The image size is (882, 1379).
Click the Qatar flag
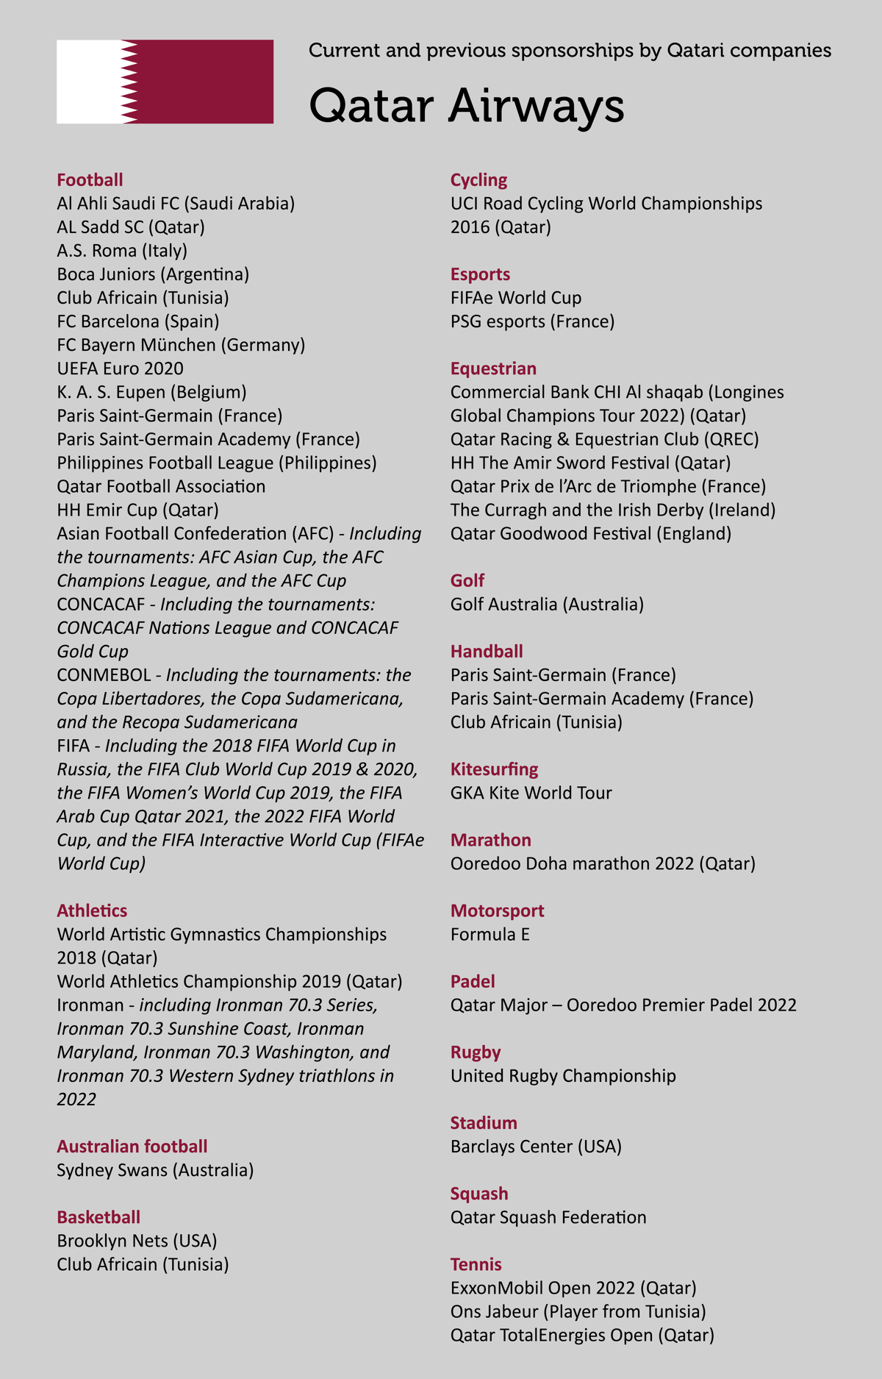(165, 82)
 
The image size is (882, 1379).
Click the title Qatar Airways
(466, 105)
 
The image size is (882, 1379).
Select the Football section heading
(90, 180)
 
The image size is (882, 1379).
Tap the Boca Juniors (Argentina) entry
(153, 274)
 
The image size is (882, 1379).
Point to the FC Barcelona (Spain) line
(138, 321)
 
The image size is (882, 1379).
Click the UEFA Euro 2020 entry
(121, 368)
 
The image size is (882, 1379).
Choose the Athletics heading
(92, 911)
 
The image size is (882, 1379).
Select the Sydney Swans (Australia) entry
(155, 1170)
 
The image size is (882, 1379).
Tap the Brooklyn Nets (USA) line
(137, 1241)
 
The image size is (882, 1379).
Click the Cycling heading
(478, 180)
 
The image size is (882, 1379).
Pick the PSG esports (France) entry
(532, 321)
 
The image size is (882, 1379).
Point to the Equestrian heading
(493, 368)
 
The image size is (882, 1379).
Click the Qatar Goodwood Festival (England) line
(591, 533)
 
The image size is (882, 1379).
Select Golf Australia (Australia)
(547, 604)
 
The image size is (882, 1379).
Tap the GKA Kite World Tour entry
(531, 793)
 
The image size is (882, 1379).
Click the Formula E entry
(490, 934)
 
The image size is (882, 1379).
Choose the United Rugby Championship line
(563, 1076)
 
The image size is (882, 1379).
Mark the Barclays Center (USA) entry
(536, 1147)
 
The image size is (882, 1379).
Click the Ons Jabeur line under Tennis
(578, 1311)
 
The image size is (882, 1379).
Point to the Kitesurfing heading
(494, 769)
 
